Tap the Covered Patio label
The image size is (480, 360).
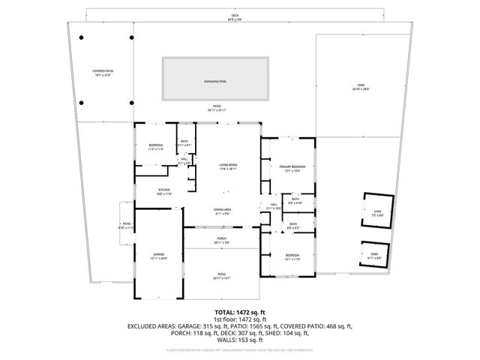[102, 72]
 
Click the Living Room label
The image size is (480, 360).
[228, 166]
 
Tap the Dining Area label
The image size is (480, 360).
[224, 211]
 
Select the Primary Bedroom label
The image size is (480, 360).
[292, 169]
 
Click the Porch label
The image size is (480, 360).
[222, 240]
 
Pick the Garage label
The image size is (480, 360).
[159, 256]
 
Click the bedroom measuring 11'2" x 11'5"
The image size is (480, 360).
[154, 147]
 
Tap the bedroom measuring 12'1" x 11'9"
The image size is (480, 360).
[292, 257]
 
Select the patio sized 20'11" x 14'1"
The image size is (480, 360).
[222, 276]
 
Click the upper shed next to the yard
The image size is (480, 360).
[377, 213]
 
